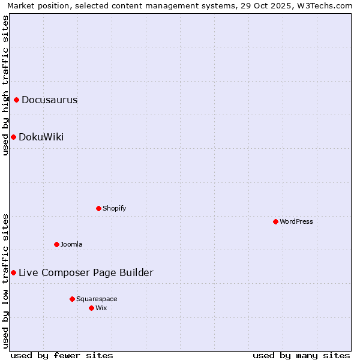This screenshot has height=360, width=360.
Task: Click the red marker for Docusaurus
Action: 17,100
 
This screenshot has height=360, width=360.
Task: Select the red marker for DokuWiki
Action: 13,137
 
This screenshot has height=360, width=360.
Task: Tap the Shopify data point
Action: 98,208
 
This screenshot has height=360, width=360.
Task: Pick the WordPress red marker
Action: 275,221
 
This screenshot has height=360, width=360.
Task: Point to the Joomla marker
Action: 56,244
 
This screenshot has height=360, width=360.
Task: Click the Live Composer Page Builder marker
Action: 13,273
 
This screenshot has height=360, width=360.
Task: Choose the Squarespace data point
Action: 72,299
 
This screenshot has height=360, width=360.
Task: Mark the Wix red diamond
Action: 91,308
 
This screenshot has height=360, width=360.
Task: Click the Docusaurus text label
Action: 49,100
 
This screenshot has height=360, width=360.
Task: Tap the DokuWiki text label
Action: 41,137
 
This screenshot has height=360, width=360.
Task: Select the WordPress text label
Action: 296,221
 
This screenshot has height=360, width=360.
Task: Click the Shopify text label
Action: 114,208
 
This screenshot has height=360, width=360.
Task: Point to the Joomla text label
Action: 71,244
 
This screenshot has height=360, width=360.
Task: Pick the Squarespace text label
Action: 97,299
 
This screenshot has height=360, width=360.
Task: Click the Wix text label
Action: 101,308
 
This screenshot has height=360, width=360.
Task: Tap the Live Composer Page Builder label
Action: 86,273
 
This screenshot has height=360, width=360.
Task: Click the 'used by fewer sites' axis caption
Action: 62,355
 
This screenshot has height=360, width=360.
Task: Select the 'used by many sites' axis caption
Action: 301,355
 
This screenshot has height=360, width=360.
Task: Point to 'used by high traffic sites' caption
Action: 5,85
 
